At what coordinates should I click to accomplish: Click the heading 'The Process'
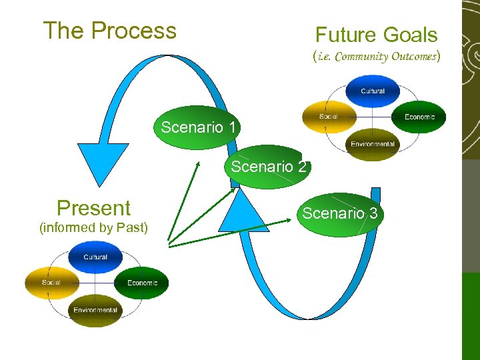tap(109, 31)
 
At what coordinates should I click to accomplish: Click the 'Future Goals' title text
tap(376, 35)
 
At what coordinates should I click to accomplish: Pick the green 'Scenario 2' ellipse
tap(269, 167)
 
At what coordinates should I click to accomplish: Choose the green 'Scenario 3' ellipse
tap(340, 213)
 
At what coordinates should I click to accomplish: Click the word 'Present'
tap(93, 208)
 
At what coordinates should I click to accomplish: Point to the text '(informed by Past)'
tap(93, 228)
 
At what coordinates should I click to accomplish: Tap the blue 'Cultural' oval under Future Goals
tap(373, 91)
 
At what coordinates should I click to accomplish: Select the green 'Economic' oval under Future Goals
tap(419, 117)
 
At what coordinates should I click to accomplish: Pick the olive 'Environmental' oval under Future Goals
tap(373, 144)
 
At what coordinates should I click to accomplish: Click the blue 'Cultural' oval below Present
tap(95, 257)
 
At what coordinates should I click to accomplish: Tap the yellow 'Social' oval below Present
tap(51, 283)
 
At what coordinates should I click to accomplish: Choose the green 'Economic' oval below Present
tap(141, 283)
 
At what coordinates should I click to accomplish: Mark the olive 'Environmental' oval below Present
tap(95, 310)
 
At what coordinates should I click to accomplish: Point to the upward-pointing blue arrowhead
tap(243, 210)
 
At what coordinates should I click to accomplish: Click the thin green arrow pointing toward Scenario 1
tap(184, 200)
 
